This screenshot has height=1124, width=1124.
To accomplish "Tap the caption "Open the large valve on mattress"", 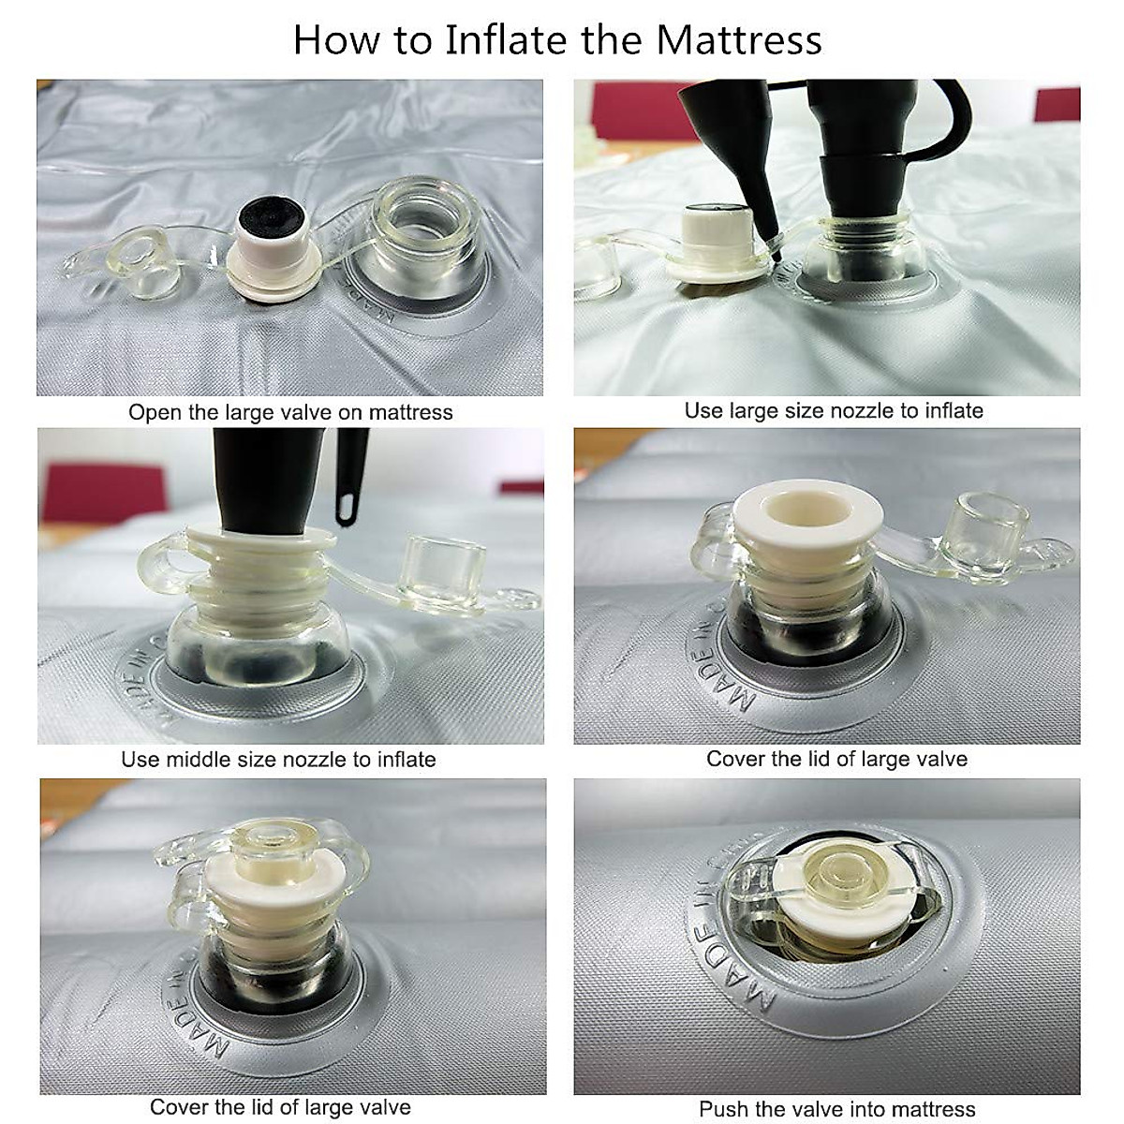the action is [x=290, y=412].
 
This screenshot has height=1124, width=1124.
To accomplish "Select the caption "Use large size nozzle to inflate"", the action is [x=834, y=410].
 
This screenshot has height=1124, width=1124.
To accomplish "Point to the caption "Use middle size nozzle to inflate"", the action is [x=278, y=760].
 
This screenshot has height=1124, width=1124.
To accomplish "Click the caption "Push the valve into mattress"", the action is [x=836, y=1108].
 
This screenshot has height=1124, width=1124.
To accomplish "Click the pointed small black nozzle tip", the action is [x=776, y=253].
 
